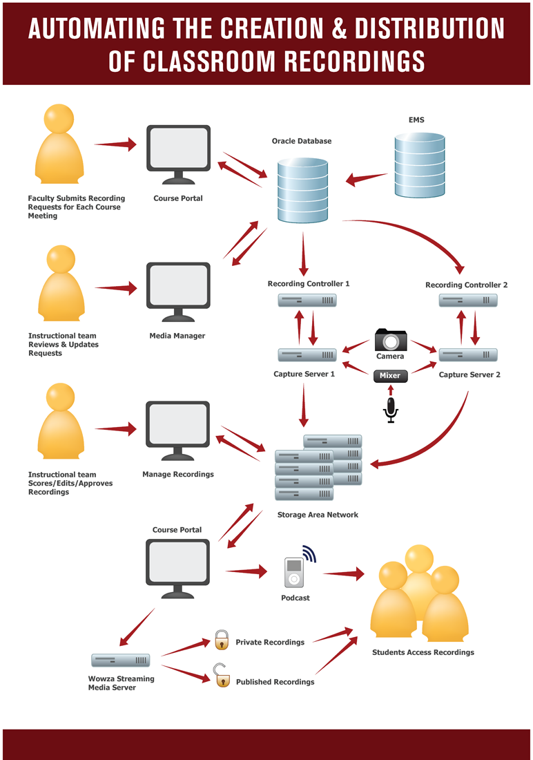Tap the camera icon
tap(390, 340)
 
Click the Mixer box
tap(390, 376)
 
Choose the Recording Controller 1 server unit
tap(307, 301)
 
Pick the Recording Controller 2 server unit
tap(468, 301)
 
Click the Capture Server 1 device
tap(307, 355)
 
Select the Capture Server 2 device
tap(468, 355)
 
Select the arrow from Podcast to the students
tap(343, 573)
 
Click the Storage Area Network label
tap(318, 515)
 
